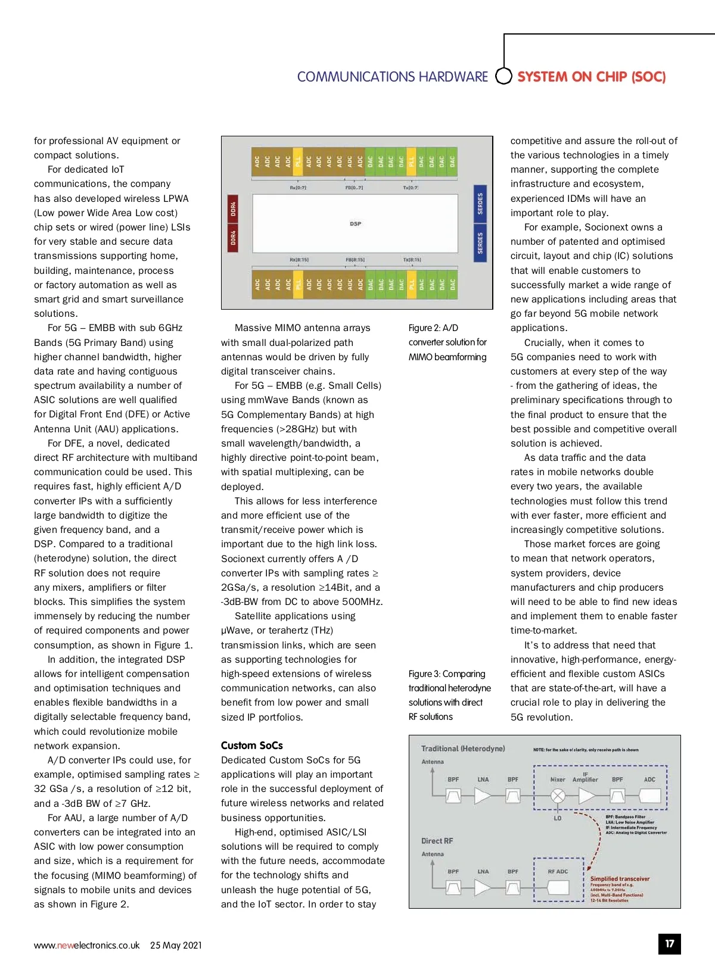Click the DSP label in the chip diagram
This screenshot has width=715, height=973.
pyautogui.click(x=356, y=224)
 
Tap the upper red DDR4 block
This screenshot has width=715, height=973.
pyautogui.click(x=233, y=208)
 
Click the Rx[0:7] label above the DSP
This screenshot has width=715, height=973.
pyautogui.click(x=298, y=188)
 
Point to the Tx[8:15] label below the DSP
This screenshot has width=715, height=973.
pyautogui.click(x=412, y=260)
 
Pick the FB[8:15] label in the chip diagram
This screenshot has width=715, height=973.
pyautogui.click(x=355, y=260)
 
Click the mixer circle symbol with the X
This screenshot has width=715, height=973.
pyautogui.click(x=558, y=796)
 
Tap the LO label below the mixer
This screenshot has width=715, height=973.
pyautogui.click(x=558, y=818)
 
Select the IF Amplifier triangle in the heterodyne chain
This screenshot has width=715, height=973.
pyautogui.click(x=587, y=796)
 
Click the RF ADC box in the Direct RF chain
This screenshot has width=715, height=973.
pyautogui.click(x=558, y=887)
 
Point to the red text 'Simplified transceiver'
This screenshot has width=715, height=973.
pyautogui.click(x=620, y=879)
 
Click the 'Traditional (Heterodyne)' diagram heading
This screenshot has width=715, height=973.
pyautogui.click(x=463, y=749)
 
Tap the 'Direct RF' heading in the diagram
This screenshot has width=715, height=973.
pyautogui.click(x=437, y=841)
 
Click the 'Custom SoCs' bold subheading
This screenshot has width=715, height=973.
pyautogui.click(x=252, y=746)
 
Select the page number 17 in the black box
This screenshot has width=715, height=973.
pyautogui.click(x=670, y=944)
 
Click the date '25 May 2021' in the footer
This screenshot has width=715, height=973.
pyautogui.click(x=176, y=945)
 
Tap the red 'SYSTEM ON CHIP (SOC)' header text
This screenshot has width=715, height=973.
pyautogui.click(x=591, y=77)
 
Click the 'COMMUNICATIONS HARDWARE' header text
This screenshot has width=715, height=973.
pyautogui.click(x=392, y=77)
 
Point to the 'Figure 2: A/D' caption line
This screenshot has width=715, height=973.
pyautogui.click(x=433, y=328)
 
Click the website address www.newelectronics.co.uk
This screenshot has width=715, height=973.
pyautogui.click(x=87, y=945)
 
